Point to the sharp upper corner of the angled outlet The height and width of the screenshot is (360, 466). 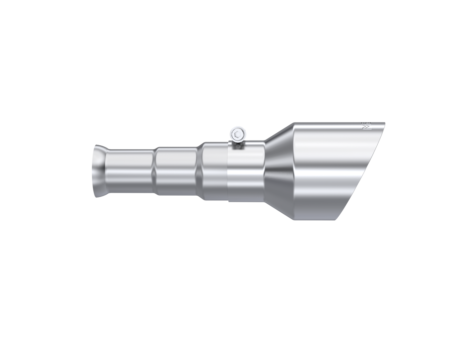[x=385, y=122]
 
